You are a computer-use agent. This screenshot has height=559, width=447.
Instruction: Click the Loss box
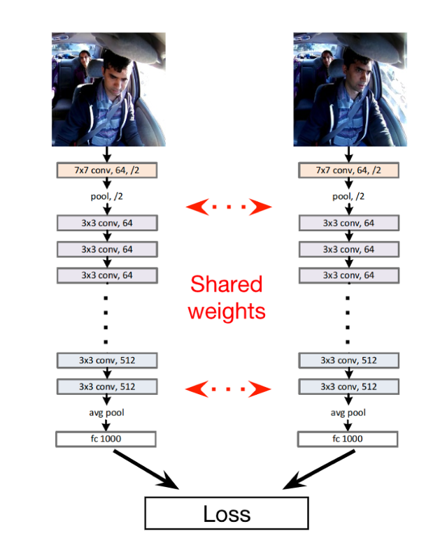click(x=227, y=514)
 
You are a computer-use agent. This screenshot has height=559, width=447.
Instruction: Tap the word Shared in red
click(x=226, y=284)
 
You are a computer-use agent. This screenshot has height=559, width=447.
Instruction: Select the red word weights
click(x=226, y=310)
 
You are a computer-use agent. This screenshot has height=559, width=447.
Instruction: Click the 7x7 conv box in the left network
click(x=106, y=170)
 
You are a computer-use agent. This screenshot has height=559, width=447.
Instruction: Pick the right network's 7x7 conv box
click(x=348, y=170)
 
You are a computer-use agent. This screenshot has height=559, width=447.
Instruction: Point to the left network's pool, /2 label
click(x=106, y=196)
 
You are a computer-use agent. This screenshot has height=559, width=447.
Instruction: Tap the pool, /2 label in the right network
click(x=348, y=196)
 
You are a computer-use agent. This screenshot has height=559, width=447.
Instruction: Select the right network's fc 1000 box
click(x=348, y=439)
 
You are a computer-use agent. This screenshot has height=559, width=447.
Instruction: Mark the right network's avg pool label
click(x=348, y=412)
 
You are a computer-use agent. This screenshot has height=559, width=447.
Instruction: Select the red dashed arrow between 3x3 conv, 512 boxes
click(x=227, y=388)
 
